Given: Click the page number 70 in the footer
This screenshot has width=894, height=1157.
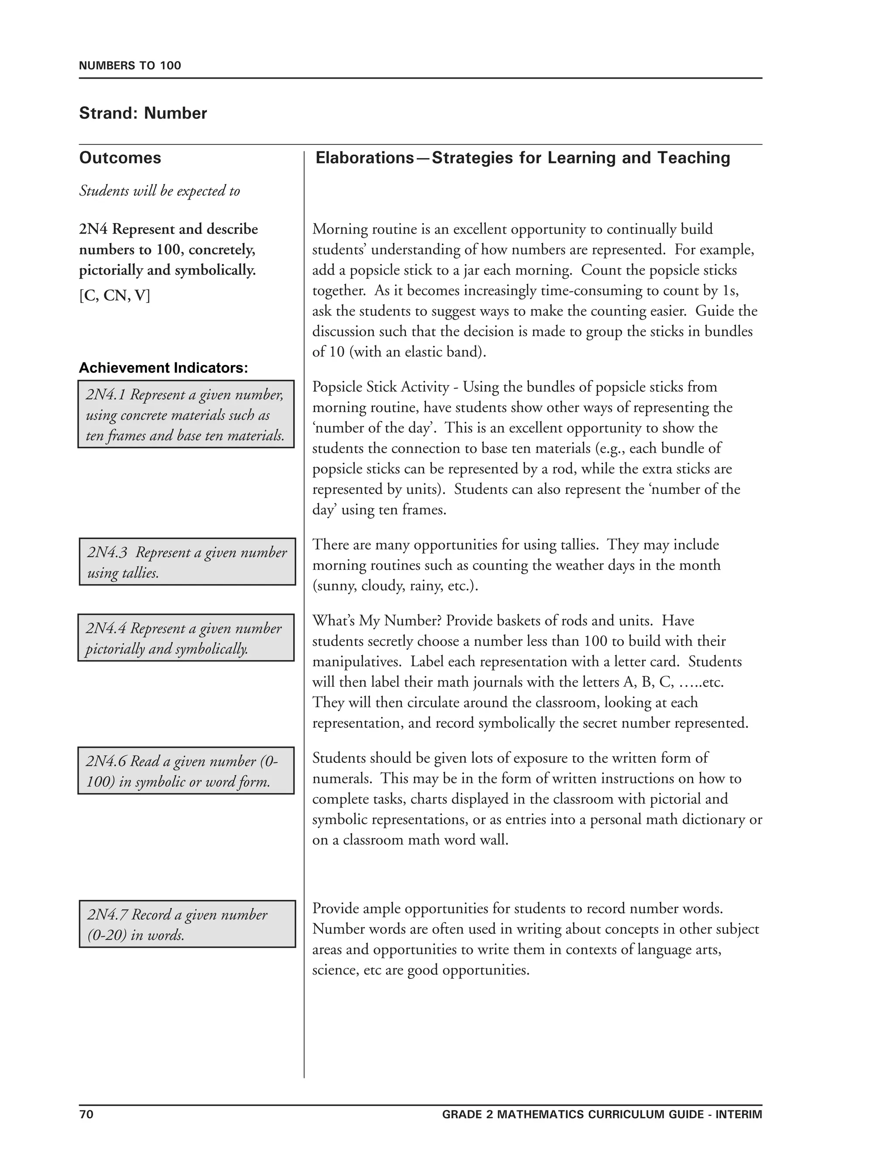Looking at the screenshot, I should click(86, 1114).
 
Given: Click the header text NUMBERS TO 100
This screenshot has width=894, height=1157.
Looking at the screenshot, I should click(130, 65).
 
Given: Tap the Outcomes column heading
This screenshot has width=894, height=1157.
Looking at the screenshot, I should click(120, 158).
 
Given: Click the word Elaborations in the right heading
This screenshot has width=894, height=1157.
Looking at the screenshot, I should click(365, 158).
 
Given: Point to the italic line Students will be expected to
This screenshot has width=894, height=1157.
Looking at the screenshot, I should click(159, 191).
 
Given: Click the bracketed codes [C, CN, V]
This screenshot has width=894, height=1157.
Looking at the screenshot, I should click(114, 295).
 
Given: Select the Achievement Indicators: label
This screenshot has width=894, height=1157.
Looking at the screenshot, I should click(163, 368).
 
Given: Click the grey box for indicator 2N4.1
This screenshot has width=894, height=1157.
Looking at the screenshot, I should click(186, 414).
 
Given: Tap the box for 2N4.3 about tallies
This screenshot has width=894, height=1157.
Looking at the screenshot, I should click(187, 561).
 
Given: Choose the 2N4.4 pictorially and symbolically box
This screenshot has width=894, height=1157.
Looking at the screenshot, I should click(186, 638).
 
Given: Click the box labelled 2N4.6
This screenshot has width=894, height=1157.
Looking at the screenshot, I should click(186, 771).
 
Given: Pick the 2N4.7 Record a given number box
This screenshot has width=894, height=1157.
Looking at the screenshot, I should click(187, 924).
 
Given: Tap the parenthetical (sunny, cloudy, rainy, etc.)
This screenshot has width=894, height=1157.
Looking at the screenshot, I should click(395, 586).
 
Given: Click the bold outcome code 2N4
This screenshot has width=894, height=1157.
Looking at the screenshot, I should click(94, 229).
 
